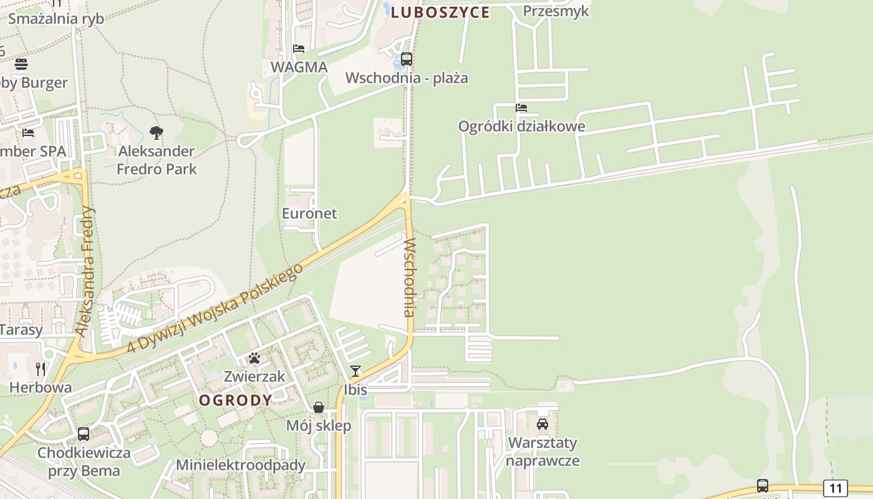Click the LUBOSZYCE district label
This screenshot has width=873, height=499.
click(x=440, y=12)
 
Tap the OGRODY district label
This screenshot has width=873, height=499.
click(x=236, y=400)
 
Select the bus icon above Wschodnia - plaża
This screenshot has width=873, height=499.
click(x=407, y=59)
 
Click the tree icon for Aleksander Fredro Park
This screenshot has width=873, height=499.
click(x=157, y=132)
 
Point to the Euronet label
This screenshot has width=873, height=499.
click(x=309, y=213)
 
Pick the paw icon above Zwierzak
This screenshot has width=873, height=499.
click(x=254, y=358)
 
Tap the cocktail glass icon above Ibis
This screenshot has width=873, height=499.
click(x=355, y=371)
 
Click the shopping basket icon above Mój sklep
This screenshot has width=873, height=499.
click(x=319, y=407)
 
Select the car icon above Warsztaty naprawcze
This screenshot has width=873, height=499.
click(x=543, y=424)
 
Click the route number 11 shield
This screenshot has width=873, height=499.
click(x=836, y=488)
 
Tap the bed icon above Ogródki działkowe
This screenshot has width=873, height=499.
click(x=521, y=108)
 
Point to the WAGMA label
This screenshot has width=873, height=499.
click(x=299, y=67)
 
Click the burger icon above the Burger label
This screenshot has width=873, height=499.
click(x=21, y=64)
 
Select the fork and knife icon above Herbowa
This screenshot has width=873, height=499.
click(x=41, y=369)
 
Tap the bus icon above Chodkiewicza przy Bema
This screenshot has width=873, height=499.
click(x=84, y=434)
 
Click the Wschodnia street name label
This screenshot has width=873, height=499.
click(x=410, y=277)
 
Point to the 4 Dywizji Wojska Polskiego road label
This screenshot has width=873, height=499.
click(x=215, y=307)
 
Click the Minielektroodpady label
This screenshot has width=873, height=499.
click(x=241, y=465)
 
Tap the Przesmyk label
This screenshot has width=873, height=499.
click(x=556, y=11)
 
